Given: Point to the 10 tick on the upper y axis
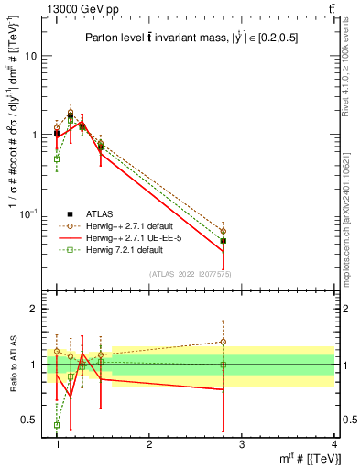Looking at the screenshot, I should point(34,56).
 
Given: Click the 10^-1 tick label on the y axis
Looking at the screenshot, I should point(31,213).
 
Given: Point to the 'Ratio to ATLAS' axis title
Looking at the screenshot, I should point(13,365).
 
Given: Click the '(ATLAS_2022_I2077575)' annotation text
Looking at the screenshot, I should point(191,274).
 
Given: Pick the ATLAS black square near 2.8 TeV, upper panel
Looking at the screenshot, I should point(223,241).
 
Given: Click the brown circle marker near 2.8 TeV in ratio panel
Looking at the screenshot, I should point(223,342).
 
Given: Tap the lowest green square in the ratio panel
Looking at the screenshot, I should point(57,425).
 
